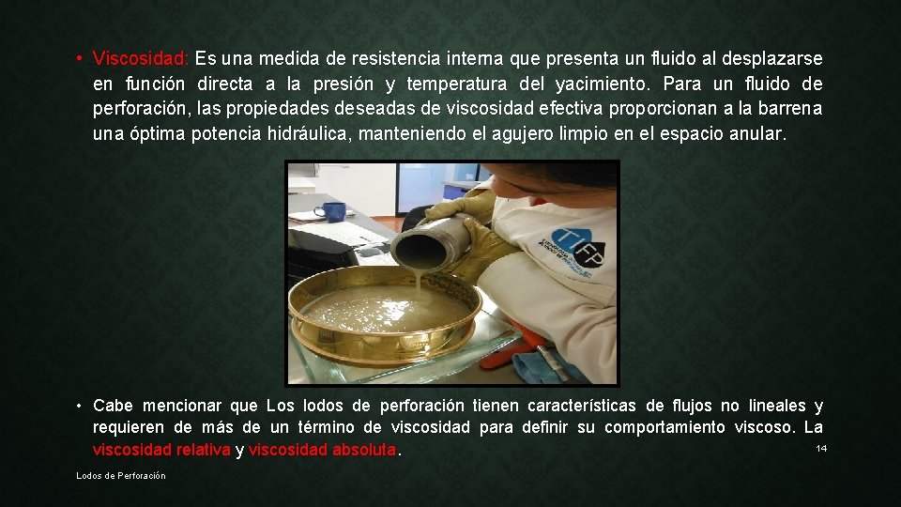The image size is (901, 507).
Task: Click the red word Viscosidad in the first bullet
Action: pyautogui.click(x=141, y=58)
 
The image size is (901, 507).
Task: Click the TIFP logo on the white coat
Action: pyautogui.click(x=574, y=246)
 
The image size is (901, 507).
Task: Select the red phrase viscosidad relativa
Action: pyautogui.click(x=161, y=451)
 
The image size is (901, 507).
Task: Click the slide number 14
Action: pyautogui.click(x=821, y=449)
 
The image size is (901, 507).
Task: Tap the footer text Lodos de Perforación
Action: pyautogui.click(x=121, y=476)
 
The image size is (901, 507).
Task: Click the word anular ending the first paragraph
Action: pyautogui.click(x=757, y=134)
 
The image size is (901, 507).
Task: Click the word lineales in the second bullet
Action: pyautogui.click(x=777, y=406)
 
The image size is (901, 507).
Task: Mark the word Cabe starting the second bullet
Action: pyautogui.click(x=113, y=406)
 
